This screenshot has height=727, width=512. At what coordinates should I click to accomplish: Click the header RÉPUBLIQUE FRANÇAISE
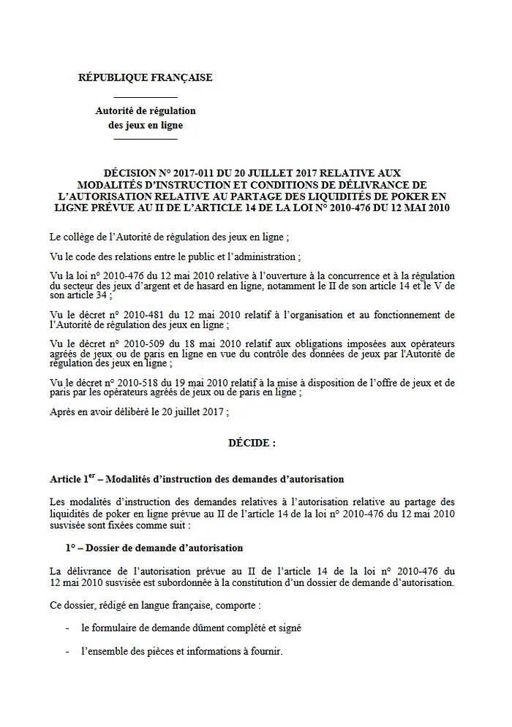tap(145, 77)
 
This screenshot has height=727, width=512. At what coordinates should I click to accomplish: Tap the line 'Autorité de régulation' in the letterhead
tap(146, 111)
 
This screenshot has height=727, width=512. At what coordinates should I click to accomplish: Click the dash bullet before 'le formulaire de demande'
tap(68, 628)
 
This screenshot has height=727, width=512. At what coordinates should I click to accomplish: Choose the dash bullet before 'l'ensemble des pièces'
tap(68, 651)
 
